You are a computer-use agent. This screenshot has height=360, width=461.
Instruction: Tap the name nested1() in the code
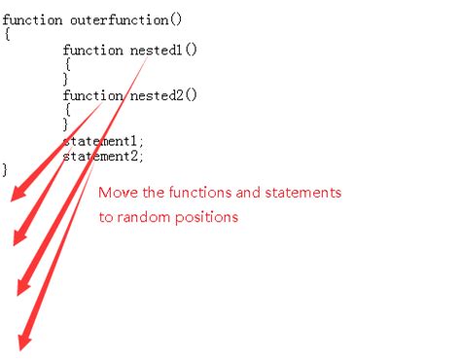tap(169, 50)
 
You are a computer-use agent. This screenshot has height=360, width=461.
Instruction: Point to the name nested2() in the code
tap(169, 95)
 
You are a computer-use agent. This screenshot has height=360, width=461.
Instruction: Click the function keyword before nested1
tap(92, 50)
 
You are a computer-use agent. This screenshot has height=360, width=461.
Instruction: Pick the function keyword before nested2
tap(92, 95)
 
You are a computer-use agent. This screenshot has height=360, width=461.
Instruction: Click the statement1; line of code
tap(103, 140)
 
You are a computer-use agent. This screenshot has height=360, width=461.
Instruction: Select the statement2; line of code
tap(103, 156)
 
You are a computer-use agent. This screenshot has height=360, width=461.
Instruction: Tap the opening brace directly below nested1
tap(67, 64)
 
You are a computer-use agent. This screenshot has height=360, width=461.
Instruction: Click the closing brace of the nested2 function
tap(67, 125)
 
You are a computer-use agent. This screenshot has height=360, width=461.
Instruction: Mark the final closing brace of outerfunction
tap(6, 169)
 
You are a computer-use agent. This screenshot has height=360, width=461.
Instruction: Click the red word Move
tap(117, 193)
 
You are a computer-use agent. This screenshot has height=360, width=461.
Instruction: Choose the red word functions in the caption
tap(196, 193)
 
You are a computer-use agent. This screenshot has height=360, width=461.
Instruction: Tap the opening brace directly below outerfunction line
tap(6, 34)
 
